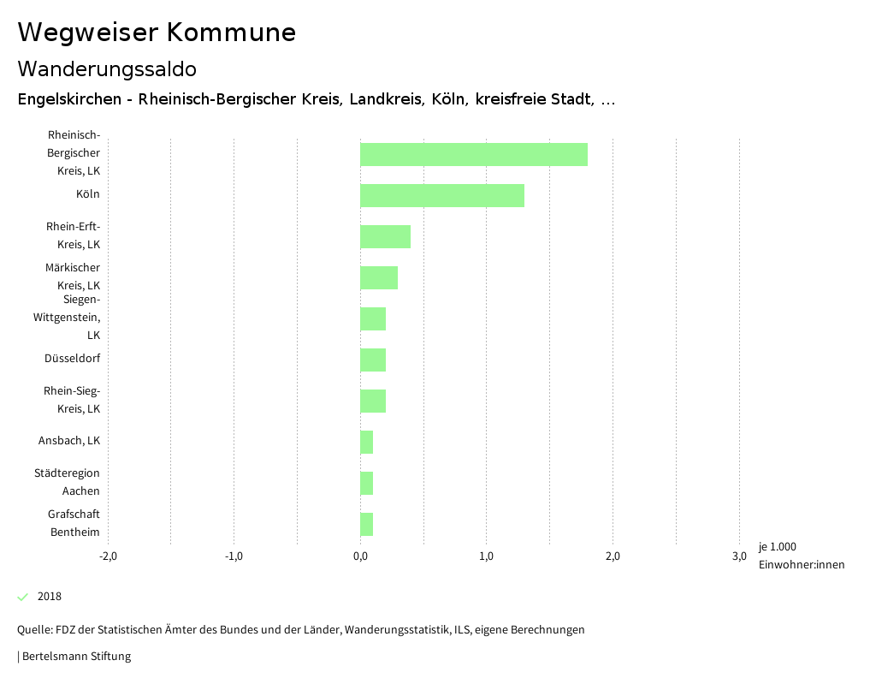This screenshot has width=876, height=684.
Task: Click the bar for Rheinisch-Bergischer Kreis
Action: coord(473,154)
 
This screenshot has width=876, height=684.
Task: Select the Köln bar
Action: coord(441,195)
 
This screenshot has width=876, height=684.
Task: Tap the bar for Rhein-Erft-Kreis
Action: coord(385,236)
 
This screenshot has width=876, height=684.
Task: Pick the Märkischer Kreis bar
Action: coord(378,277)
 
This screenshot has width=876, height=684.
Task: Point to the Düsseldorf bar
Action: coord(372,360)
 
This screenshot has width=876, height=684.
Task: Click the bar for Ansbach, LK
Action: coord(366,442)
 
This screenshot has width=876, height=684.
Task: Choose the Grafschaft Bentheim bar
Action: coord(366,524)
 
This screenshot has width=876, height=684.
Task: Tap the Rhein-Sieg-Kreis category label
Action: coord(72,400)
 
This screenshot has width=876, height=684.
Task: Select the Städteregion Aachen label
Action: coord(68,482)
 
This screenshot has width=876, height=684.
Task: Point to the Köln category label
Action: coord(87,194)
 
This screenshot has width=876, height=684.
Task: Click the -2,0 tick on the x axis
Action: coord(108,556)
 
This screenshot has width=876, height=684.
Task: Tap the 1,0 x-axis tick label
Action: coord(486,556)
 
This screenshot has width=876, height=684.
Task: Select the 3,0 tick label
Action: coord(738,556)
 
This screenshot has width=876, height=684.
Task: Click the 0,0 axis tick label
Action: coord(360,556)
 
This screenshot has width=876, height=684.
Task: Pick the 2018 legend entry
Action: coord(49,597)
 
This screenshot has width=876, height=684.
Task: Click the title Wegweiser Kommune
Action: coord(157,33)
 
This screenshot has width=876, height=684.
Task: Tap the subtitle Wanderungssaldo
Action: coord(107,68)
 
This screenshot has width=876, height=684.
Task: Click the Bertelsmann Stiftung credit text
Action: coord(76,657)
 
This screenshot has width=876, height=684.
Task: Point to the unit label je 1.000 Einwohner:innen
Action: coord(801,556)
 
